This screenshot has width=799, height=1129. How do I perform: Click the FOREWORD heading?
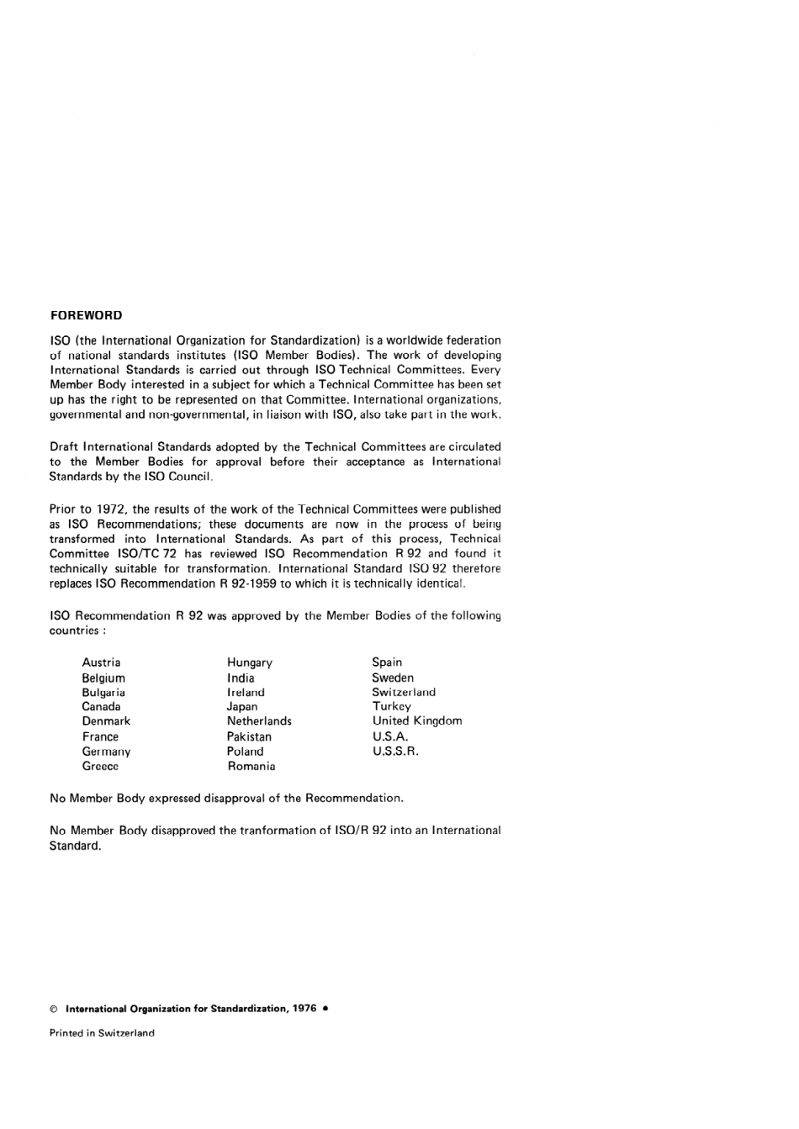coord(86,315)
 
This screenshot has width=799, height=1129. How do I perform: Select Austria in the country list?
coord(101,662)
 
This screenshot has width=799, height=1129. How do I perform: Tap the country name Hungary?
coord(250,662)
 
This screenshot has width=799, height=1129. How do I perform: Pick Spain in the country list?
coord(387,662)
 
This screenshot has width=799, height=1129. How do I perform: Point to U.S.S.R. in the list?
coord(395,752)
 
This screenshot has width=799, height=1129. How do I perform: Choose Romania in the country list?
coord(251,767)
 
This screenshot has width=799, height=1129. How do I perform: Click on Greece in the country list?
coord(100,767)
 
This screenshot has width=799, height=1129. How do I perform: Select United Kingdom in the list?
coord(417,721)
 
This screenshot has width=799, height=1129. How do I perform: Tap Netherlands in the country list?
coord(259,721)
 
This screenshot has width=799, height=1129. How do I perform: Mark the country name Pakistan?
coord(249,736)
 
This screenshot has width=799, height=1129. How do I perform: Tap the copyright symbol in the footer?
coord(54,1009)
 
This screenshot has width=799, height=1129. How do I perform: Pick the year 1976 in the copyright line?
coord(304,1009)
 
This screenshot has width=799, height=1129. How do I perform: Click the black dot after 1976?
coord(325,1008)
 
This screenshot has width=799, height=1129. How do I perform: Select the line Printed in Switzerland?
coord(102,1033)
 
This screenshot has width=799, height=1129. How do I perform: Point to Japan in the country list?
coord(242,707)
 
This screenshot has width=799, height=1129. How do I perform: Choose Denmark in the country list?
coord(106,721)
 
